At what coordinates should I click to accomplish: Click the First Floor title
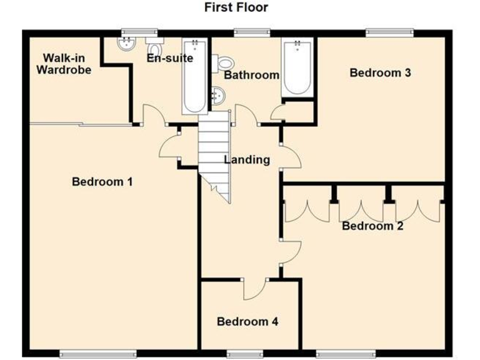(236, 7)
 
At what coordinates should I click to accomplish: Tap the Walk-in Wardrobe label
(64, 64)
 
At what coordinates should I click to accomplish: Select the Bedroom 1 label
(102, 182)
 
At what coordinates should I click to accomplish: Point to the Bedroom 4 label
(247, 322)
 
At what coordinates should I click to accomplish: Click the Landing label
(247, 160)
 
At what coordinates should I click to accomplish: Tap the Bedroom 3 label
(380, 72)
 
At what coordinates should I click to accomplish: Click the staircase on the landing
(214, 156)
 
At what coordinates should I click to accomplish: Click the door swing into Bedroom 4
(255, 288)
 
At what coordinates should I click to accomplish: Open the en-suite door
(153, 116)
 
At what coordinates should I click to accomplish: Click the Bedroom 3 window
(389, 31)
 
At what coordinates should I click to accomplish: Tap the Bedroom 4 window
(244, 354)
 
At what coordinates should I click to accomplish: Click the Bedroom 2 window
(337, 354)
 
